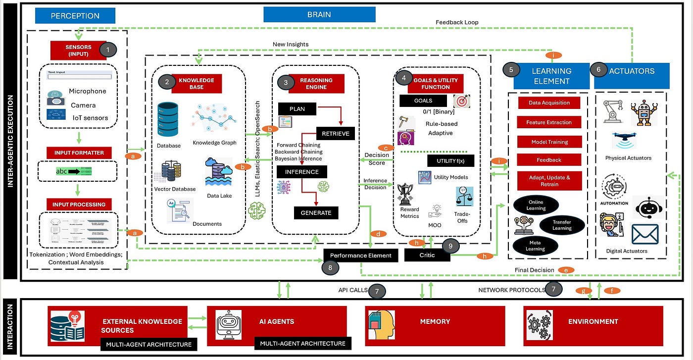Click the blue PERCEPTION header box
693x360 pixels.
pos(76,15)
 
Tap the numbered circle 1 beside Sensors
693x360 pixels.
pos(108,50)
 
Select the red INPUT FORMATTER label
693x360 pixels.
pos(79,153)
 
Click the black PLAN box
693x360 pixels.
pos(297,108)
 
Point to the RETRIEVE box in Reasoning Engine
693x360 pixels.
pos(335,133)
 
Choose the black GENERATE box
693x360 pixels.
pos(316,213)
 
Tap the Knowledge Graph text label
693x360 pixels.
pos(214,143)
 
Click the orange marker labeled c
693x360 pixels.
pos(386,148)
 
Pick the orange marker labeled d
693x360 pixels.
pos(378,234)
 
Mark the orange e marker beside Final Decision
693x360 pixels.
pos(566,270)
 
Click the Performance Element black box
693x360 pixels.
pos(360,256)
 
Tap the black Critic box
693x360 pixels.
pos(427,255)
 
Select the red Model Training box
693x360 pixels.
pos(549,142)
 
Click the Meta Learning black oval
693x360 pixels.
pos(535,246)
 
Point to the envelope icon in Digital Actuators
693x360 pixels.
pos(644,234)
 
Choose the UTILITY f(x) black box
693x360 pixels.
pos(450,161)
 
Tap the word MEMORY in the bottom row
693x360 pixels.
pos(435,321)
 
